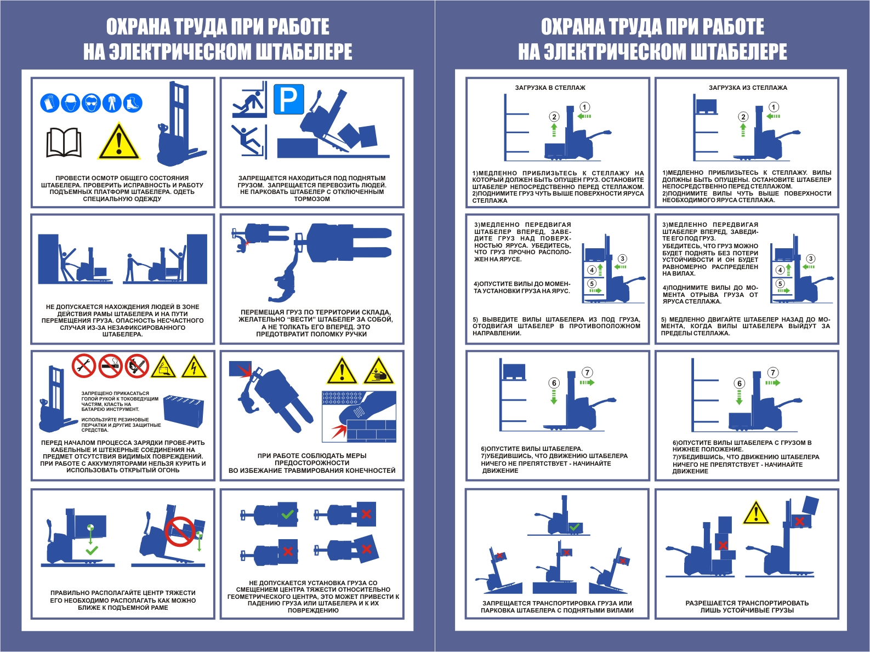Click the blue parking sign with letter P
click(289, 99)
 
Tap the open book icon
click(64, 142)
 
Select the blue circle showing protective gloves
click(50, 104)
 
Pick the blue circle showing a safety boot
click(133, 104)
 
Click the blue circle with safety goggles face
click(92, 104)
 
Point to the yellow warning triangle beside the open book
click(119, 141)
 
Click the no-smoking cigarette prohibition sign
click(111, 366)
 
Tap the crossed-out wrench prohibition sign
click(84, 366)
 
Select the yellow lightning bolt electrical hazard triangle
click(194, 367)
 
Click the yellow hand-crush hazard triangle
click(379, 371)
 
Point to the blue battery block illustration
click(184, 411)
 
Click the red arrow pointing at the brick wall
click(339, 430)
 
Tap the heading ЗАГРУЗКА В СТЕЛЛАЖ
click(550, 88)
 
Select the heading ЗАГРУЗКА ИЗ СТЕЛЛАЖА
click(748, 88)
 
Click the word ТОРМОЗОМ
click(312, 199)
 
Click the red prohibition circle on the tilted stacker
click(180, 531)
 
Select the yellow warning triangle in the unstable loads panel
click(756, 513)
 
